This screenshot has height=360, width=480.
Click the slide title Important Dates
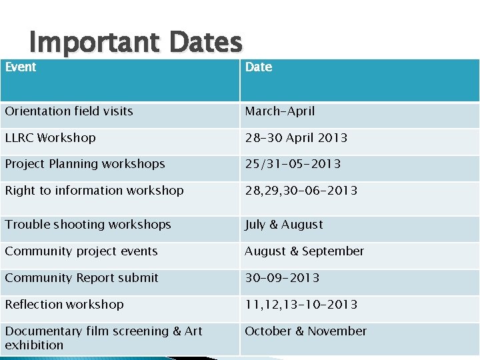click(x=135, y=43)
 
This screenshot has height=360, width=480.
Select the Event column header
click(x=21, y=67)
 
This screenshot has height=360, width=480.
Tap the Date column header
click(x=259, y=67)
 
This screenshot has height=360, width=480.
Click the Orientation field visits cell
click(x=69, y=111)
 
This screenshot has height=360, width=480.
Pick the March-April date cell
click(x=280, y=111)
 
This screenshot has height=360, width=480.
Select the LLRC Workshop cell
click(x=51, y=138)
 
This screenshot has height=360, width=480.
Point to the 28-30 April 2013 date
click(x=296, y=138)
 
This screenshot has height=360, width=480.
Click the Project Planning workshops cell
click(x=85, y=164)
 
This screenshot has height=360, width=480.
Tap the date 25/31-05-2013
click(x=293, y=164)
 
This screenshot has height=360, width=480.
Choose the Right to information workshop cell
click(x=95, y=191)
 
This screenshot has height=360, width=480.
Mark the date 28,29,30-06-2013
click(x=301, y=191)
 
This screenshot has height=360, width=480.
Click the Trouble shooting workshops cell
click(x=88, y=225)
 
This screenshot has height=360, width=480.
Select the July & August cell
click(x=284, y=225)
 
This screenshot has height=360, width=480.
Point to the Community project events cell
click(x=81, y=251)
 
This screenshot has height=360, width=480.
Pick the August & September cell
click(x=305, y=251)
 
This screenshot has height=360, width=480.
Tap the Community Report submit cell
click(x=82, y=278)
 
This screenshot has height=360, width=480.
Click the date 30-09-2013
click(x=282, y=278)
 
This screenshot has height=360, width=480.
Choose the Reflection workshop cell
click(x=65, y=305)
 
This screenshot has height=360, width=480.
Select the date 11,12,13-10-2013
click(x=301, y=305)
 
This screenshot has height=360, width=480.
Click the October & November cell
click(x=306, y=331)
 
